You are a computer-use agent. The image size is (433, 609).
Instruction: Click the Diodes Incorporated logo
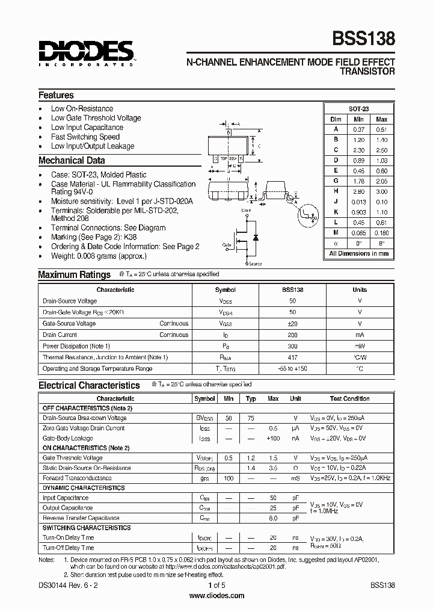coord(86,53)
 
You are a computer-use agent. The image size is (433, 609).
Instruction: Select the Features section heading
coord(56,95)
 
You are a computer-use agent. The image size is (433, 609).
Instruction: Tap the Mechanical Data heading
coord(72,161)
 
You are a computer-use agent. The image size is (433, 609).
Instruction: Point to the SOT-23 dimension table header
coord(359,109)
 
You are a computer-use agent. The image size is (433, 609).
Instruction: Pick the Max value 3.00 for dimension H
coord(381,191)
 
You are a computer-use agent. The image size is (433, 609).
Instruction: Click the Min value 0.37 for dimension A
coord(359,129)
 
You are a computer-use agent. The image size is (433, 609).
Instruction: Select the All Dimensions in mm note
coord(359,253)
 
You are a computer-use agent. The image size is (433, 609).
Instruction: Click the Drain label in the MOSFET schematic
coord(246,210)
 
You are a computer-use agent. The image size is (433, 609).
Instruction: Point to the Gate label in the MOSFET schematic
coord(227,246)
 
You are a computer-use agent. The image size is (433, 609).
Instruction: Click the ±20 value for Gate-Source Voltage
coord(293,323)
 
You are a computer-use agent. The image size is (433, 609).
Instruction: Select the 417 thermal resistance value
coord(293,357)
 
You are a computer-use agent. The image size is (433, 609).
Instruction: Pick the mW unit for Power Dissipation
coord(360,346)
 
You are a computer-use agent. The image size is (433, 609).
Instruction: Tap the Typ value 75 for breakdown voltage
coord(251,418)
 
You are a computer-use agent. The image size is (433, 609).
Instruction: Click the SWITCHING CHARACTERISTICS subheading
coord(86,528)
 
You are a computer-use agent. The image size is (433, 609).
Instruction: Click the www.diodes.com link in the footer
coord(216,596)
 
